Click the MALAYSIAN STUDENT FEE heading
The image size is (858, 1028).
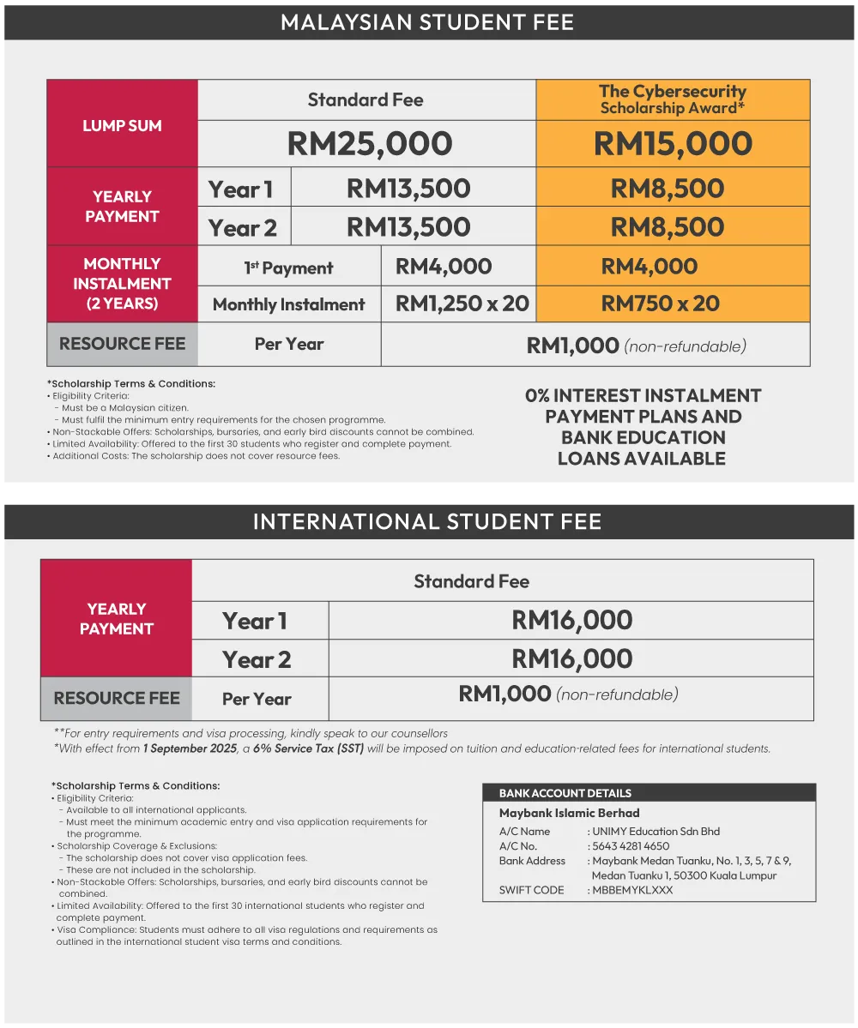(x=427, y=21)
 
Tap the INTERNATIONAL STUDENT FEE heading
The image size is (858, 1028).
(x=427, y=521)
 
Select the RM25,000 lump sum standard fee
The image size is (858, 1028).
(x=370, y=144)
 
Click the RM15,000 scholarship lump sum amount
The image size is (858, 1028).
(x=673, y=144)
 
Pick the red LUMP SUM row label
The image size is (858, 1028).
(x=122, y=125)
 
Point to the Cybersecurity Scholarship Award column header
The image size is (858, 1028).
(x=673, y=99)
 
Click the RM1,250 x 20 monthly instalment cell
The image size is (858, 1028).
(x=462, y=304)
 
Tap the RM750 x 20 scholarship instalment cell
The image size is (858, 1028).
(x=660, y=304)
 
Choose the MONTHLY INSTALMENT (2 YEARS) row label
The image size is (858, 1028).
(x=122, y=284)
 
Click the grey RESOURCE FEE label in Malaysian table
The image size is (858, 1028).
(x=122, y=344)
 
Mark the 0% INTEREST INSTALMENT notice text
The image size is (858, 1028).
(x=643, y=426)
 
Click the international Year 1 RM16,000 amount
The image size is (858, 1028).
(x=571, y=620)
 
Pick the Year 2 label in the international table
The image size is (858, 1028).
(x=257, y=659)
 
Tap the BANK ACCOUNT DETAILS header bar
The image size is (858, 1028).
(x=649, y=793)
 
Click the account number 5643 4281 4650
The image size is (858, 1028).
(x=631, y=846)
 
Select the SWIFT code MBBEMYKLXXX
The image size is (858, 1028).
(x=632, y=890)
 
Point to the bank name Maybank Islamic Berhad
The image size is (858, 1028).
(x=569, y=813)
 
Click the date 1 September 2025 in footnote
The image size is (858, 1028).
(x=189, y=748)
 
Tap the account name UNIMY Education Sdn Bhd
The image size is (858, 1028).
(x=656, y=832)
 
